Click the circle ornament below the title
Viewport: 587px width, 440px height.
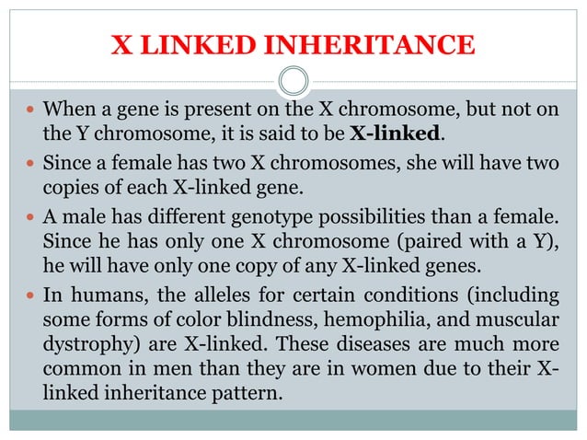coord(293,81)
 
